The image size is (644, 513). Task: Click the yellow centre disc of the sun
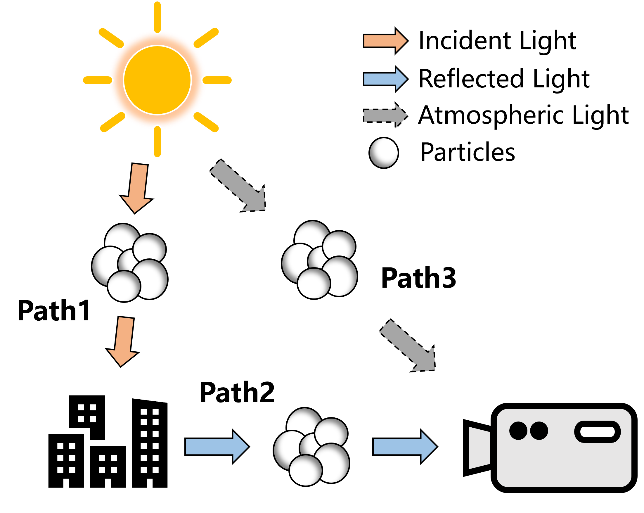coord(157,80)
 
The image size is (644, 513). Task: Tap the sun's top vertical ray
coord(157,16)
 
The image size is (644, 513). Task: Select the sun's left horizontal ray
coord(97,80)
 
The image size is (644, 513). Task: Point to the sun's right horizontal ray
coord(217,80)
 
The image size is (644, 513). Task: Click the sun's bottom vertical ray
coord(157,141)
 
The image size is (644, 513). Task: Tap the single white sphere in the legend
coord(384,153)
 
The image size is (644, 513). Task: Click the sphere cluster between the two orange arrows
coord(130,263)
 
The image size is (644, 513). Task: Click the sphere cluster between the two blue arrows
coord(311,447)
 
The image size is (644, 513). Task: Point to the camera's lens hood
coord(479,448)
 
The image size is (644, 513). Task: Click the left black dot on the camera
coord(518,431)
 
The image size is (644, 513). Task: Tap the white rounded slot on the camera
coord(597,432)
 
